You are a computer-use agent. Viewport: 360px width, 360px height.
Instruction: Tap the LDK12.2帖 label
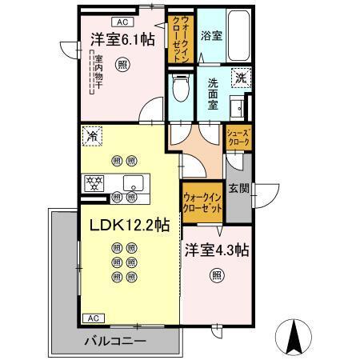[122, 226]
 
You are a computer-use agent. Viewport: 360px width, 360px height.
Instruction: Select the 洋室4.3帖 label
[216, 250]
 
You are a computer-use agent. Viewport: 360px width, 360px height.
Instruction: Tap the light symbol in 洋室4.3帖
[216, 276]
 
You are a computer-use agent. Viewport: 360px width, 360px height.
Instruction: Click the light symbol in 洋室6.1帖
[122, 63]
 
